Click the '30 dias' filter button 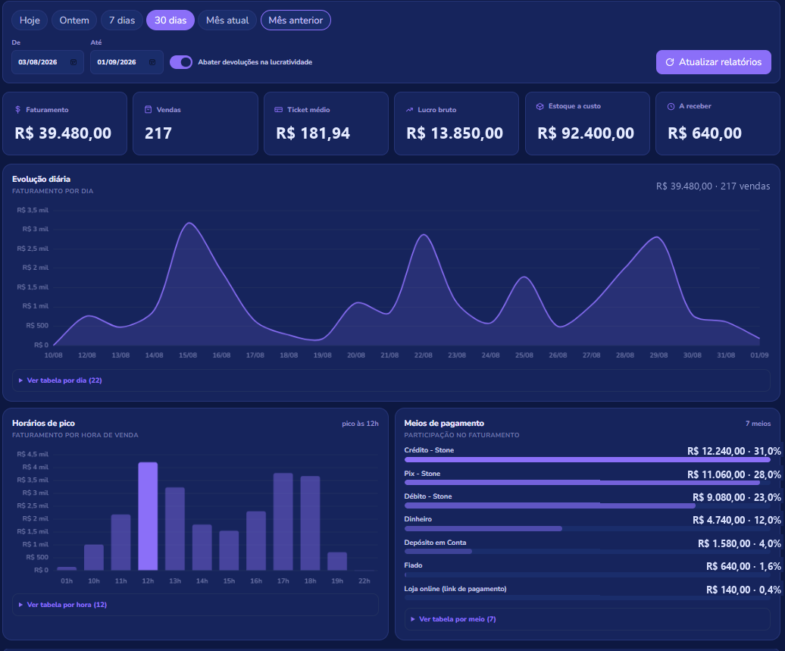pyautogui.click(x=170, y=20)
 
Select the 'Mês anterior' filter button pyautogui.click(x=296, y=20)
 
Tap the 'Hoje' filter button pyautogui.click(x=30, y=20)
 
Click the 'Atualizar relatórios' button pyautogui.click(x=714, y=62)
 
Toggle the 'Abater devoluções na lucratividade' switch pyautogui.click(x=181, y=62)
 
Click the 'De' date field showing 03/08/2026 pyautogui.click(x=48, y=62)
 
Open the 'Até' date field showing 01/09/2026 pyautogui.click(x=127, y=62)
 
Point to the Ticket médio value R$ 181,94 pyautogui.click(x=313, y=133)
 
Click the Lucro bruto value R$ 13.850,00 pyautogui.click(x=455, y=133)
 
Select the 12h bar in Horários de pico pyautogui.click(x=148, y=516)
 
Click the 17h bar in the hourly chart pyautogui.click(x=283, y=522)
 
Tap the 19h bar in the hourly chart pyautogui.click(x=337, y=562)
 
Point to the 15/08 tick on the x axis pyautogui.click(x=188, y=355)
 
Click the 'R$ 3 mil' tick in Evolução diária pyautogui.click(x=36, y=229)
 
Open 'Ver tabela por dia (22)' pyautogui.click(x=64, y=380)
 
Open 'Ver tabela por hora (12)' pyautogui.click(x=67, y=605)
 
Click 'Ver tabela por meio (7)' pyautogui.click(x=457, y=619)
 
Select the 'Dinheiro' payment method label pyautogui.click(x=418, y=519)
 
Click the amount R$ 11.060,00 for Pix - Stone pyautogui.click(x=716, y=474)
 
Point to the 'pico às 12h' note pyautogui.click(x=360, y=424)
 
